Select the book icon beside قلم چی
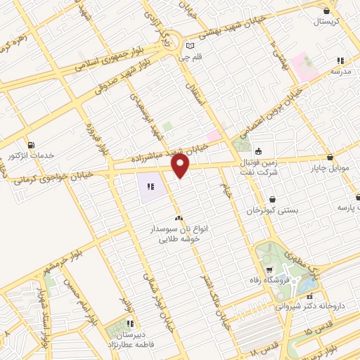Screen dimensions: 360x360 pyautogui.click(x=188, y=48)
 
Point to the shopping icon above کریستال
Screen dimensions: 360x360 pyautogui.click(x=326, y=11)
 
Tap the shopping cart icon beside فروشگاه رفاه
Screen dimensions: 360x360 pyautogui.click(x=269, y=271)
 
